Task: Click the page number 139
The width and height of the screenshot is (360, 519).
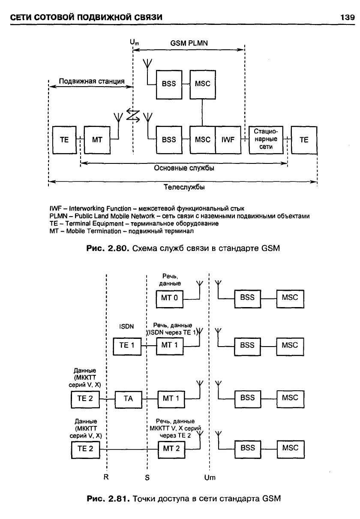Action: click(x=347, y=17)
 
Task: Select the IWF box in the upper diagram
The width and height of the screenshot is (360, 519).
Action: click(x=228, y=140)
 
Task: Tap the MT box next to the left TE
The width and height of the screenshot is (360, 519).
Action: click(x=97, y=140)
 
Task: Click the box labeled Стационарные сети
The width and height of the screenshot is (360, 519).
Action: click(x=266, y=140)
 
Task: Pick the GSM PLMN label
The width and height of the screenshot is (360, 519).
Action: click(x=189, y=43)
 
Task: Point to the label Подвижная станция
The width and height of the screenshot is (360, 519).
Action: click(x=92, y=81)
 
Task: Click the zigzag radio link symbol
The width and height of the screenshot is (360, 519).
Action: click(x=133, y=115)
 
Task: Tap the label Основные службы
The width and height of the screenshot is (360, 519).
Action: click(x=184, y=168)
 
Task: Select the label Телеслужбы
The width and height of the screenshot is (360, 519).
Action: click(x=184, y=187)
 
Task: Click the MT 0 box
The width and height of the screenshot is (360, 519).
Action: click(x=169, y=299)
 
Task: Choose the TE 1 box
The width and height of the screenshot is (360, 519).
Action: click(x=127, y=347)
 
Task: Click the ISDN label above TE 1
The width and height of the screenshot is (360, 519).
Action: click(x=126, y=326)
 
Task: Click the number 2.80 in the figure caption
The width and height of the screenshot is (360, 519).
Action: click(x=118, y=248)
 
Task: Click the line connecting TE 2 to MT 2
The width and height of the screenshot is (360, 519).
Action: click(x=129, y=450)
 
